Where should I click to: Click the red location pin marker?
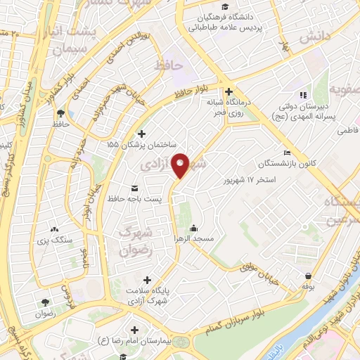[181, 165]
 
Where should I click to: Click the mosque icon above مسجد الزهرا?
[193, 228]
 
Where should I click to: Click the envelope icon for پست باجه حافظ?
[134, 188]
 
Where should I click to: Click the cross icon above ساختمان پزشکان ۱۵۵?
[141, 134]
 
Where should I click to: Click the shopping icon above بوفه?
[307, 276]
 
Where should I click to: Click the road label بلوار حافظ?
[193, 91]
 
